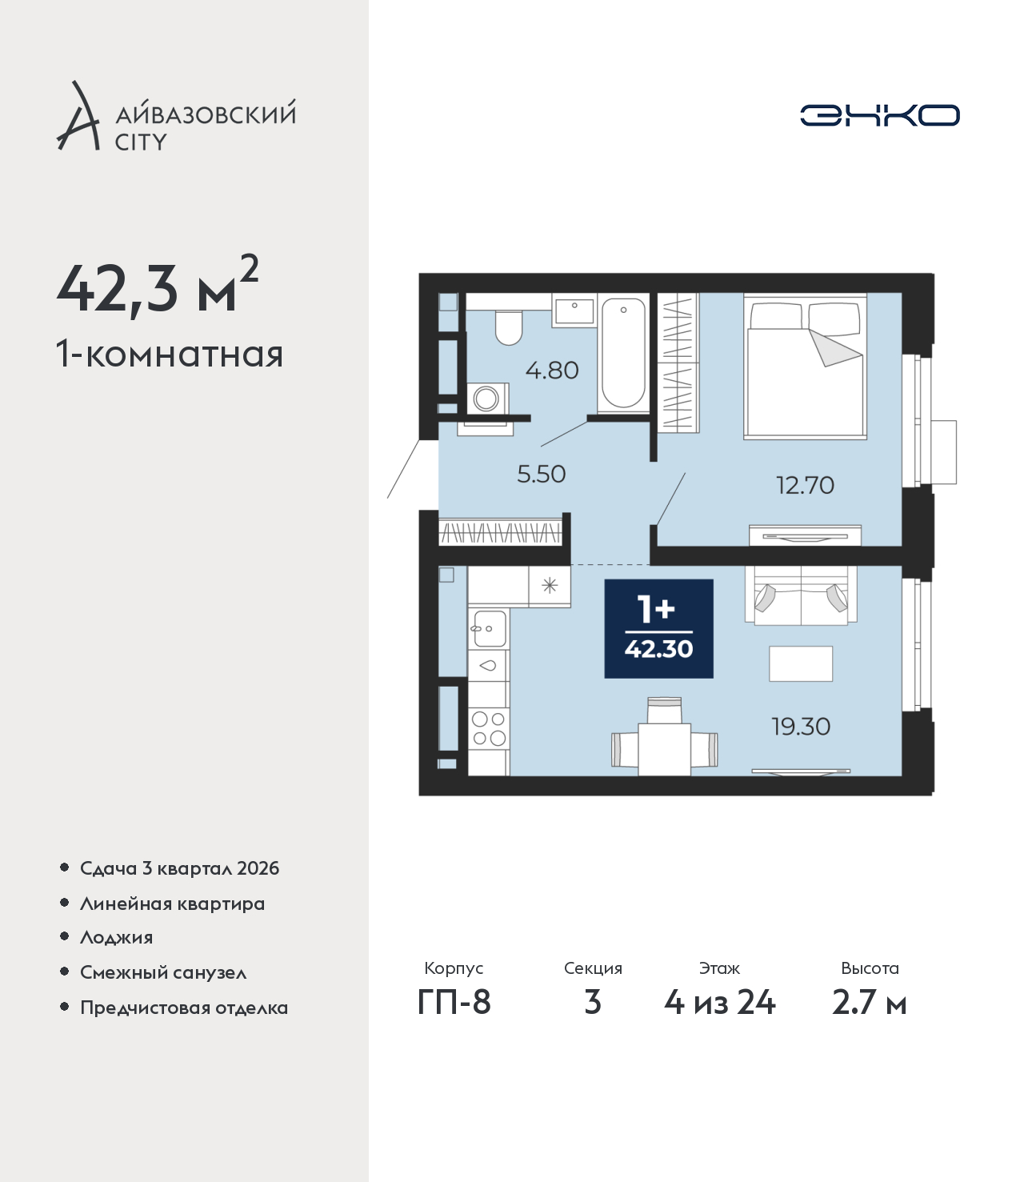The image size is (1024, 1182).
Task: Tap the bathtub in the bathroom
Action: click(x=623, y=354)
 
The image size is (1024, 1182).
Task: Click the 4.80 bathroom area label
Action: click(x=552, y=371)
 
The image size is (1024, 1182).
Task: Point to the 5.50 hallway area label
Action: click(x=541, y=474)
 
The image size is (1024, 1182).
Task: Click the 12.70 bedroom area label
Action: click(x=805, y=486)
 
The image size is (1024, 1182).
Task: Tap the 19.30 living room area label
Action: click(x=801, y=727)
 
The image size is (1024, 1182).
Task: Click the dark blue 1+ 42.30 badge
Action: click(x=658, y=628)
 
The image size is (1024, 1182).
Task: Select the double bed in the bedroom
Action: click(x=805, y=367)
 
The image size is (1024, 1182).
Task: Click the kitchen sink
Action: click(x=490, y=628)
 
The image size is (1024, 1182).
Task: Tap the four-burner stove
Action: click(x=489, y=728)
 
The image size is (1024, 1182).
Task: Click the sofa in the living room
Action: click(x=801, y=595)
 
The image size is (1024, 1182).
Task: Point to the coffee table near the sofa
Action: click(x=801, y=663)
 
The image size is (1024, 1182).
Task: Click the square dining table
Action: click(x=664, y=749)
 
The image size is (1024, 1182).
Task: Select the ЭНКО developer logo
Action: click(x=879, y=115)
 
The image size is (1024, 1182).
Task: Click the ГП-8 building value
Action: click(x=454, y=1019)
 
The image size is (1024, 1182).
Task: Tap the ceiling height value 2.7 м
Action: click(x=869, y=1019)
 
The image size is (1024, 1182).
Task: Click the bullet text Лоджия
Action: click(x=117, y=938)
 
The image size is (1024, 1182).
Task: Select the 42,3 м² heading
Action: click(x=158, y=289)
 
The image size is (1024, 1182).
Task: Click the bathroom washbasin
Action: click(x=574, y=311)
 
